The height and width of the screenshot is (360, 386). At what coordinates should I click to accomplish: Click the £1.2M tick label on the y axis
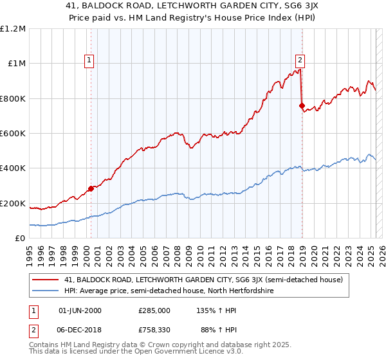click(13, 28)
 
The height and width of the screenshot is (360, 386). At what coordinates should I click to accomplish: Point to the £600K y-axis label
click(13, 134)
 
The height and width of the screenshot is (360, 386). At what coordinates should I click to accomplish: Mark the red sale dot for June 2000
click(91, 188)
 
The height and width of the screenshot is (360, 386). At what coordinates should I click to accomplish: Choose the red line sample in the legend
click(46, 280)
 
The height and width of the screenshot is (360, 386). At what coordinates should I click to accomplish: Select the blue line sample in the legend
click(46, 291)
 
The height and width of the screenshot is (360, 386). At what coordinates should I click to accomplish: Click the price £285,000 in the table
click(154, 310)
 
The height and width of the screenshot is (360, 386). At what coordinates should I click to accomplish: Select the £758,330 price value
click(154, 329)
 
